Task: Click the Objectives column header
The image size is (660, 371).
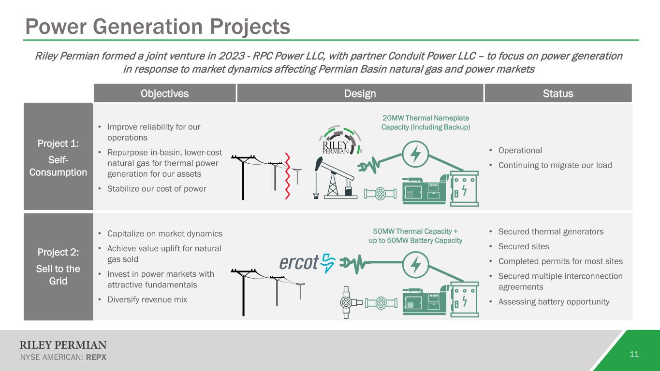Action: click(x=164, y=93)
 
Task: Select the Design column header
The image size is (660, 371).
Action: click(x=360, y=93)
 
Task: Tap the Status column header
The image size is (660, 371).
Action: click(x=558, y=93)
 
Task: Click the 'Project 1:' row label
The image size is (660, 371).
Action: click(x=58, y=143)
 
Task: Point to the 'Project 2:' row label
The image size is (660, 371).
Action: click(x=58, y=252)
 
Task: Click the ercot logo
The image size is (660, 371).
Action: click(x=308, y=263)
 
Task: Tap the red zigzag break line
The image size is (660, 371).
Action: click(x=288, y=176)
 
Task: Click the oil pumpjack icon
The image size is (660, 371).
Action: click(x=335, y=178)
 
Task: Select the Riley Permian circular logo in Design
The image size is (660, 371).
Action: click(x=340, y=140)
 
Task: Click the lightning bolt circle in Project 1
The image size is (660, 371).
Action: click(x=415, y=154)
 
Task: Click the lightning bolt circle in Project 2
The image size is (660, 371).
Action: click(x=415, y=264)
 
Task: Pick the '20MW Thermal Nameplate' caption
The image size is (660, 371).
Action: click(x=426, y=118)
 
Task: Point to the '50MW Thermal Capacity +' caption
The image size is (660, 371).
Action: click(x=415, y=231)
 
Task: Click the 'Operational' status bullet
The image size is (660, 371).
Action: click(x=520, y=150)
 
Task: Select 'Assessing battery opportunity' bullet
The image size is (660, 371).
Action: click(x=554, y=301)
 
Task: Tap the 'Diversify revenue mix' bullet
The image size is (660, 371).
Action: click(x=147, y=300)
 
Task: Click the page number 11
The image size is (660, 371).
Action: click(x=634, y=354)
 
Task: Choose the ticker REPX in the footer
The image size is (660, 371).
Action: click(x=96, y=357)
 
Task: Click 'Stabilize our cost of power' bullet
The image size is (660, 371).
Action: click(x=157, y=188)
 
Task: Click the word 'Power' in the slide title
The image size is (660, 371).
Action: click(x=56, y=27)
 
